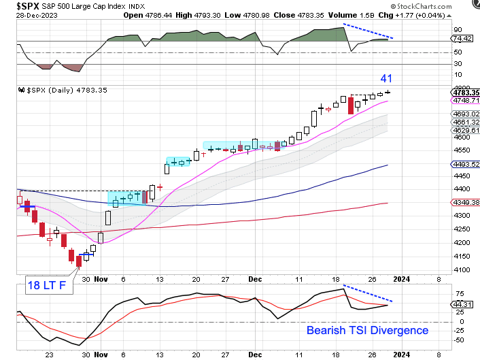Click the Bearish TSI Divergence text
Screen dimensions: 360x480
[x=367, y=330]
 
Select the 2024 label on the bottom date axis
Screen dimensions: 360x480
[x=400, y=353]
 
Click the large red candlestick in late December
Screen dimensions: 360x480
[x=351, y=105]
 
